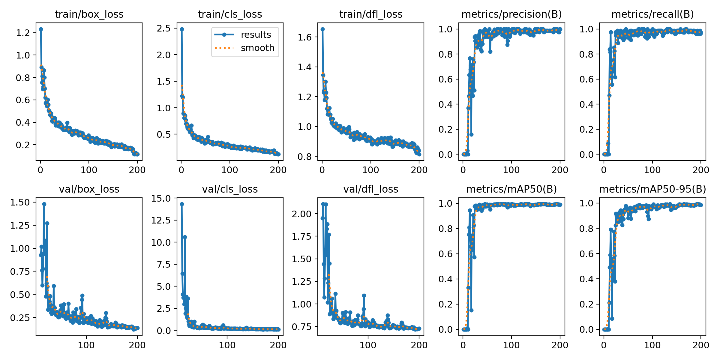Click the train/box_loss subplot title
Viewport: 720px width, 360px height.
[x=89, y=14]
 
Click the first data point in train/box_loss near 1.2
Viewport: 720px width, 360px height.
[x=41, y=29]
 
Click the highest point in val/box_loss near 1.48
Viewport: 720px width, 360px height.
[x=44, y=204]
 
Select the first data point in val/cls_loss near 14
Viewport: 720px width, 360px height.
[x=182, y=204]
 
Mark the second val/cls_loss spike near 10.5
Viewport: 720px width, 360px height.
[x=185, y=237]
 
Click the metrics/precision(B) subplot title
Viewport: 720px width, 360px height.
[x=511, y=14]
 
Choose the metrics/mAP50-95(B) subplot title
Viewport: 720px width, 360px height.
[x=652, y=189]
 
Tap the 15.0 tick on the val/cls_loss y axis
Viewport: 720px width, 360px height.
[x=161, y=198]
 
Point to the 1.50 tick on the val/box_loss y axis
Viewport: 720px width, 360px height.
[x=20, y=202]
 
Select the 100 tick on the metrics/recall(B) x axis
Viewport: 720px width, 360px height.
[x=652, y=170]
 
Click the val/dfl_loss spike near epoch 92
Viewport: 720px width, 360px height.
[x=364, y=295]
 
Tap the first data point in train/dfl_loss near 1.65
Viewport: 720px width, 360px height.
[x=322, y=29]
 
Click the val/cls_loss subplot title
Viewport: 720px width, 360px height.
[x=230, y=189]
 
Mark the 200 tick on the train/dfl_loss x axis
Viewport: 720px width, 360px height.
[x=419, y=170]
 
